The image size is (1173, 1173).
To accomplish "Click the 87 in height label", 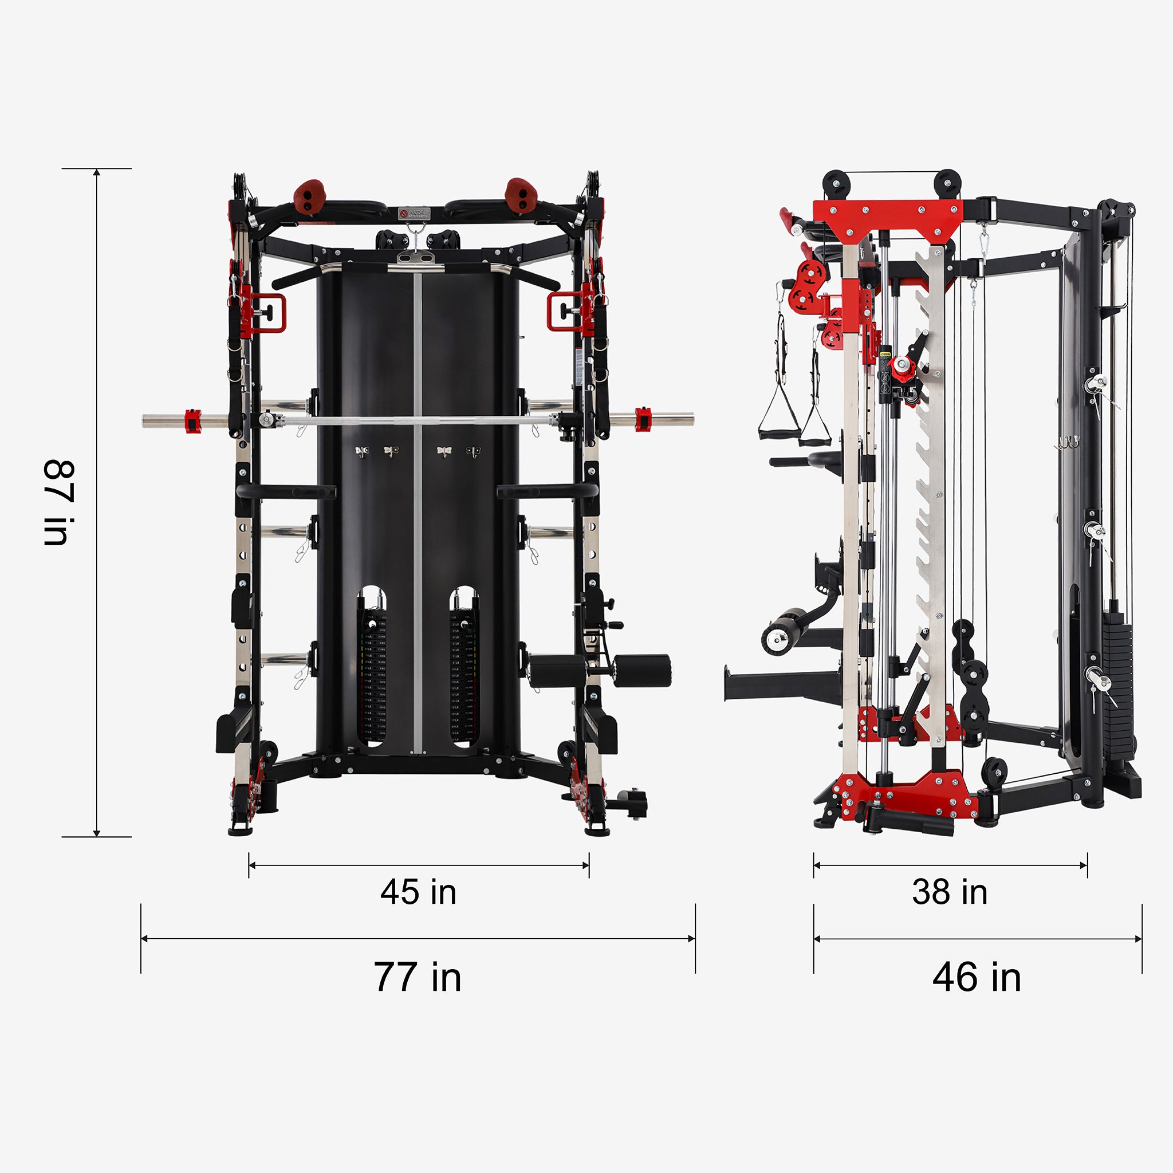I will [59, 503].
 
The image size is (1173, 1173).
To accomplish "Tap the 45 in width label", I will [418, 892].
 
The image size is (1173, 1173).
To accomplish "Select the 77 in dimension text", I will [418, 977].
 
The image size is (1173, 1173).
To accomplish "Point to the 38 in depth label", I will [950, 892].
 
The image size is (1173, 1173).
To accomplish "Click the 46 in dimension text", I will [977, 977].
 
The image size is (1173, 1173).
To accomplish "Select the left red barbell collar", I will [192, 422].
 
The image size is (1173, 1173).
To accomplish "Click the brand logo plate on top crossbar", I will [414, 213].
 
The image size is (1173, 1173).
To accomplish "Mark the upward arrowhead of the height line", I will [97, 172].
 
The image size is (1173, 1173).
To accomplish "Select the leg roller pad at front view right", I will [641, 670].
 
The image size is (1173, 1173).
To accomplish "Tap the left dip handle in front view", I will [285, 491].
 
